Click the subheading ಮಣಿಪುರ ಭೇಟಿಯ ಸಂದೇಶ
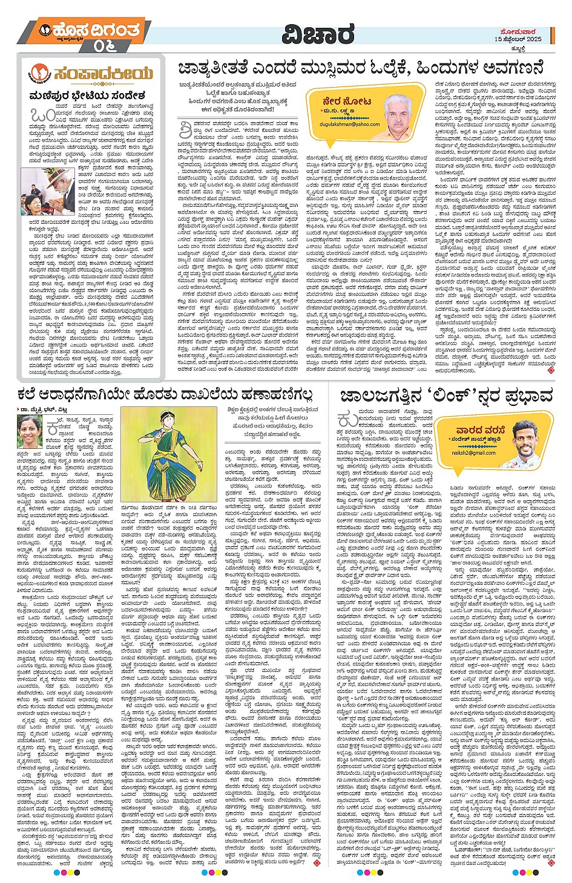pyautogui.click(x=87, y=96)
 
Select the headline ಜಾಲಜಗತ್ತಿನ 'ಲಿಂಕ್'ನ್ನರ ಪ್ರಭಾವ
pyautogui.click(x=447, y=396)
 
